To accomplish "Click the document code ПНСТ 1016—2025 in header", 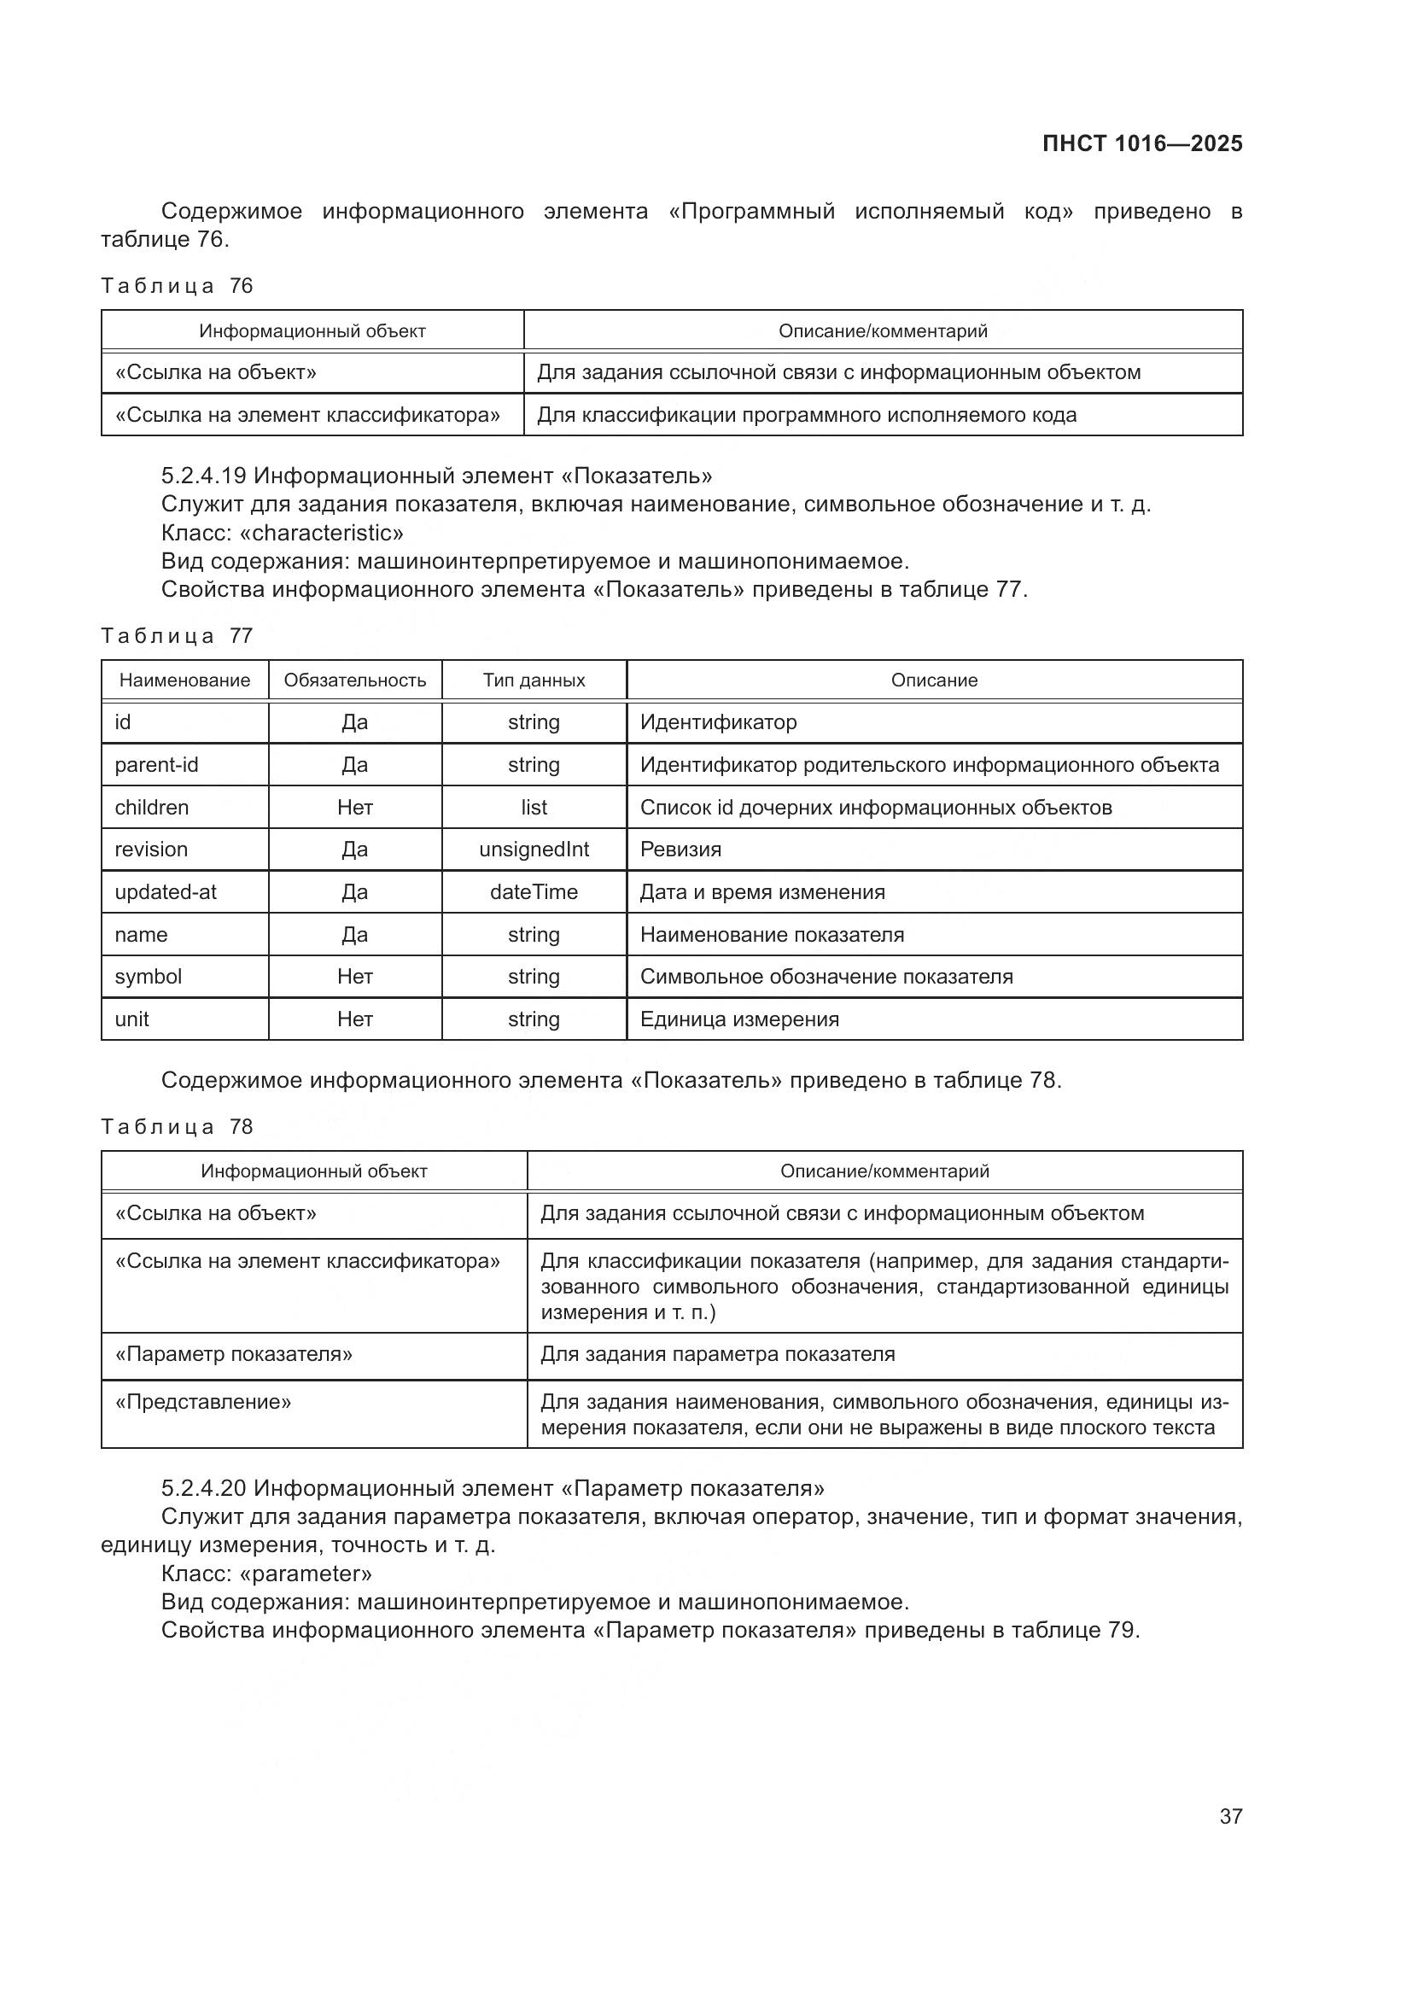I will coord(1141,143).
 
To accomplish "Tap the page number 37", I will coord(1230,1815).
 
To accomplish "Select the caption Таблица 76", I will coord(177,286).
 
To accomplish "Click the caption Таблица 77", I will coord(177,636).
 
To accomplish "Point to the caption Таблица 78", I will coord(177,1126).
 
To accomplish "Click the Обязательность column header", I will coord(355,680).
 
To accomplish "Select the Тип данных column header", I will coord(534,680).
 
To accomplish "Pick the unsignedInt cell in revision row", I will coord(534,849).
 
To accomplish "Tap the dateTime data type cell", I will coord(534,891).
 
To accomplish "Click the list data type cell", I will coord(534,807).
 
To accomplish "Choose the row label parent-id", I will coord(156,764).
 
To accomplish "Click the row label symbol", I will coord(149,976).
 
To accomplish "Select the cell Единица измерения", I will coord(739,1019).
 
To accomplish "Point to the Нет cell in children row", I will coord(355,807).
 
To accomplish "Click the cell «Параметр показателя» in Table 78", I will coord(234,1353).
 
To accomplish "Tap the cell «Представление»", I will coord(203,1401).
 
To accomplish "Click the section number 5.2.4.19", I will coord(203,476).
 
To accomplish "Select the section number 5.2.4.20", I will coord(203,1488).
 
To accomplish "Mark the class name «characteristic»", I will coord(321,532).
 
